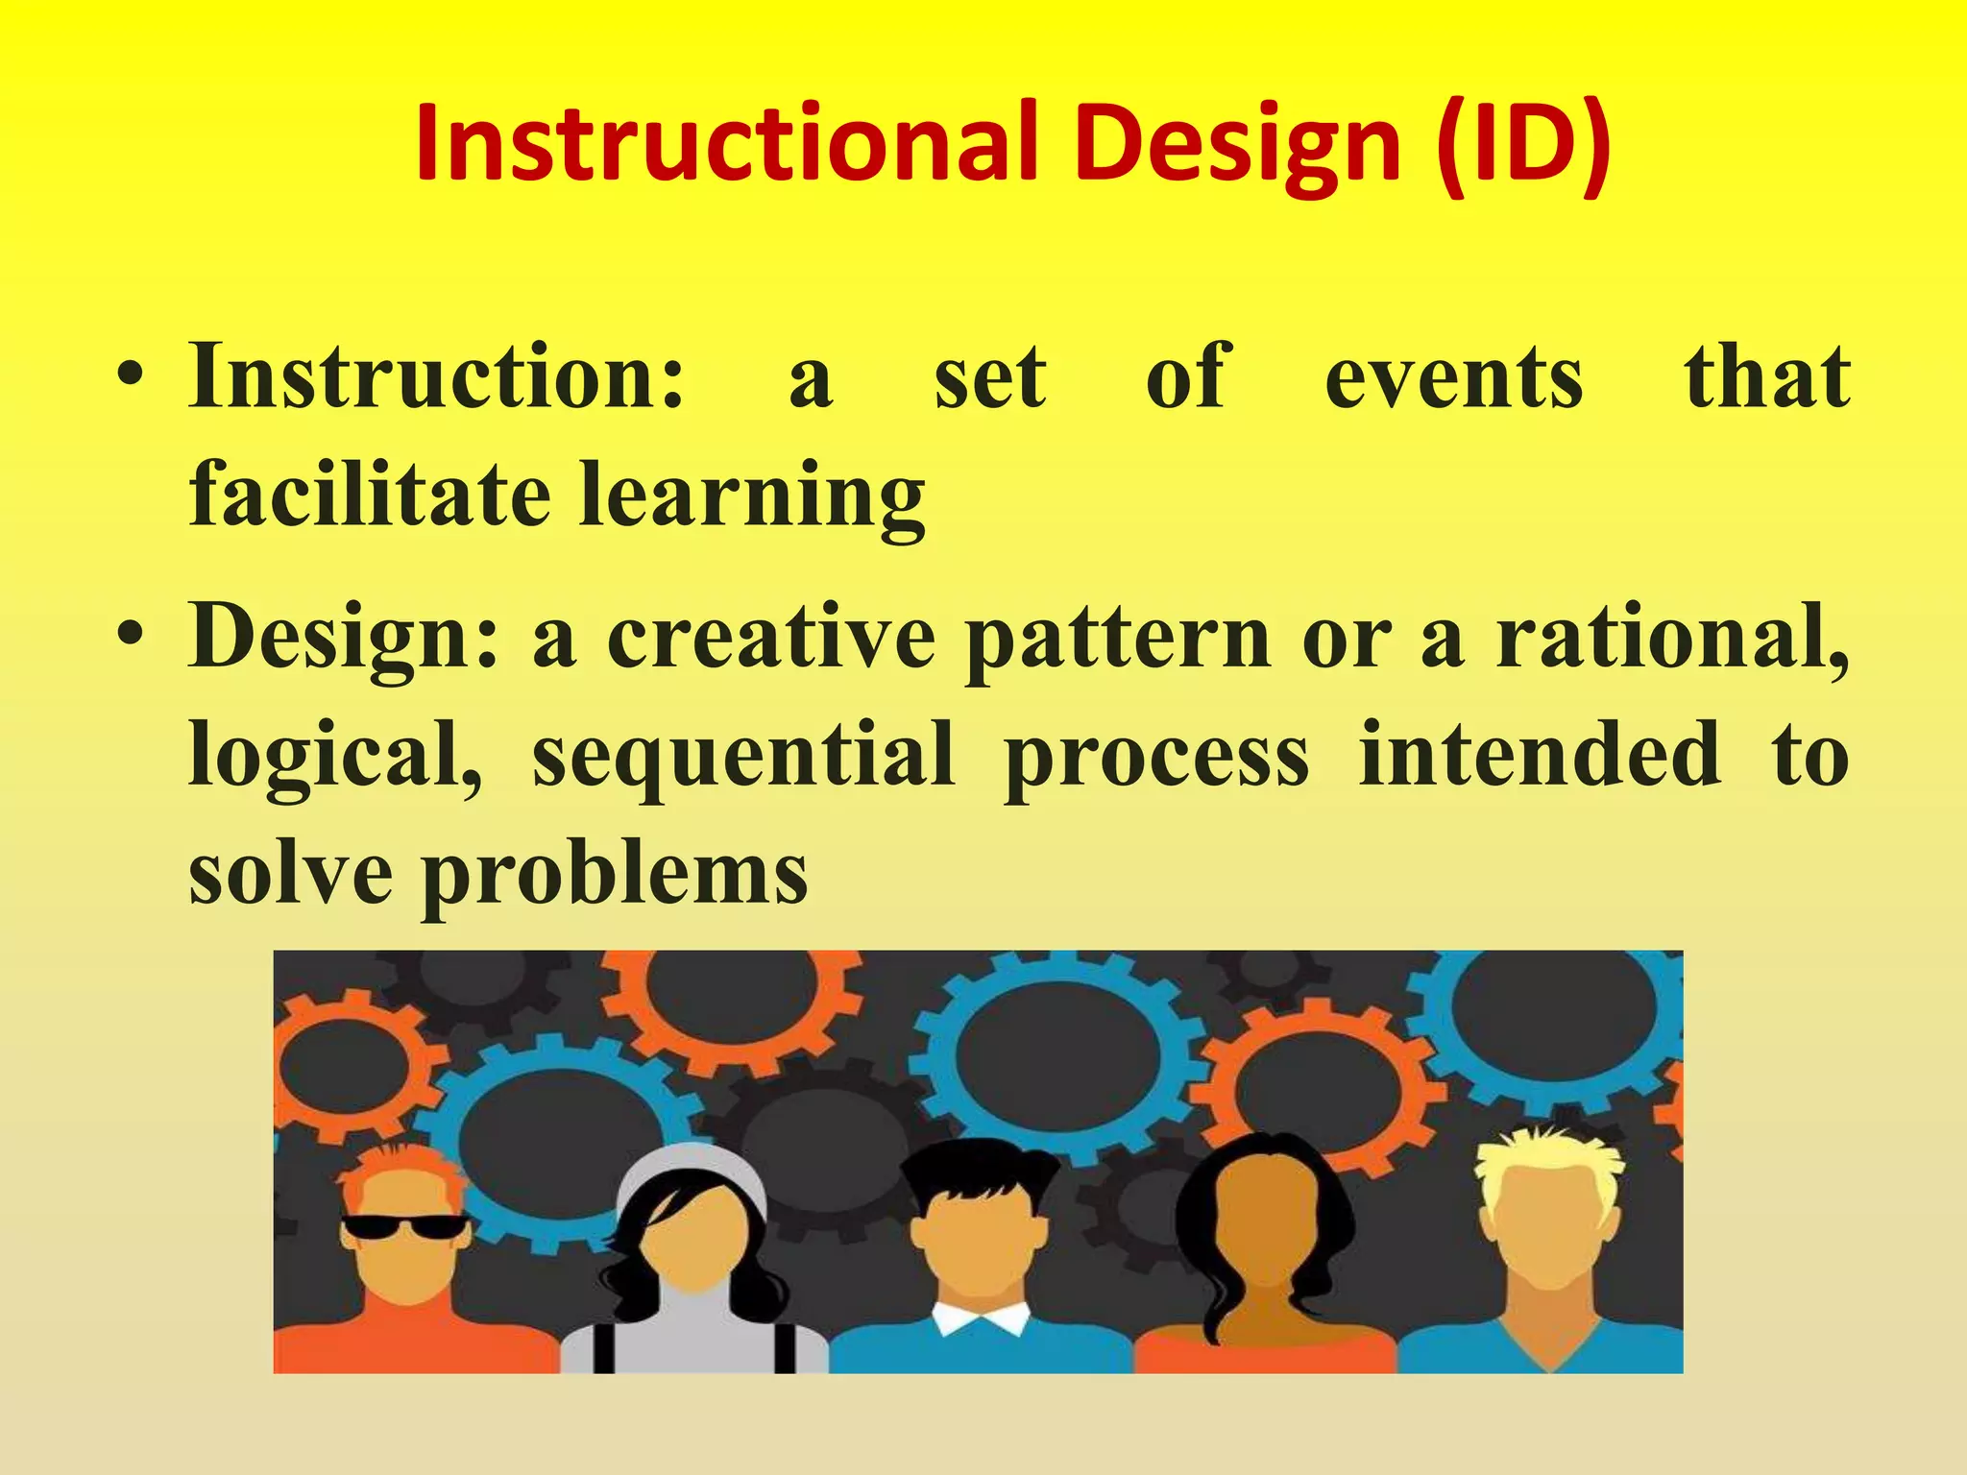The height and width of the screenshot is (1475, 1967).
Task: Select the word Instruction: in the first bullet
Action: pos(437,376)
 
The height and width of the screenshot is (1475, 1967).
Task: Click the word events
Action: pos(1453,378)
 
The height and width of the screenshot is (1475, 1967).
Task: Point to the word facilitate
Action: pos(370,495)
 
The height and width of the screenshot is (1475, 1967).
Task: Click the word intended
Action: pos(1540,755)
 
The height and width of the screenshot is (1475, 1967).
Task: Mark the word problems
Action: pos(615,876)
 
